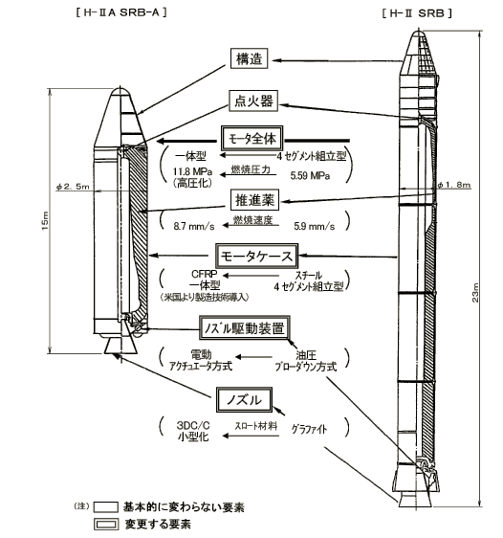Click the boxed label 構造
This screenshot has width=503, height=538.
point(249,58)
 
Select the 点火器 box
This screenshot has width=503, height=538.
point(253,101)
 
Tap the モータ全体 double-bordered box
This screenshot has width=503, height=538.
point(252,139)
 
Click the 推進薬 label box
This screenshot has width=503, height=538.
point(254,200)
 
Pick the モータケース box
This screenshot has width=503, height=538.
point(256,257)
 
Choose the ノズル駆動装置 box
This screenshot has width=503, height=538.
point(245,328)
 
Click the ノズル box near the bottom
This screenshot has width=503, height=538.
point(244,400)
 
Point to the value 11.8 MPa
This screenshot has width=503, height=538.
point(192,171)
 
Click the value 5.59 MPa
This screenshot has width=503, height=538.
point(310,176)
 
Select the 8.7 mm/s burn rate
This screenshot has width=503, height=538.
point(194,226)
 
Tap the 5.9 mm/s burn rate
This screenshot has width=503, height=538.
point(315,226)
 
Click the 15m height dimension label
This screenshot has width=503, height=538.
point(45,220)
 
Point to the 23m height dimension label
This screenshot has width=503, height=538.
point(475,292)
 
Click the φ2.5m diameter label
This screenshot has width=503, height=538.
point(73,187)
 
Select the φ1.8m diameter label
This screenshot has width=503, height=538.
point(454,186)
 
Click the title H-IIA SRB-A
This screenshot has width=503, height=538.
point(121,13)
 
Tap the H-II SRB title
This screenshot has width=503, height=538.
point(417,13)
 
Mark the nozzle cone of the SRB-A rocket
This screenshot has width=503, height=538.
point(120,345)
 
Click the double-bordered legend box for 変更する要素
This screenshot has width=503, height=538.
point(106,525)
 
